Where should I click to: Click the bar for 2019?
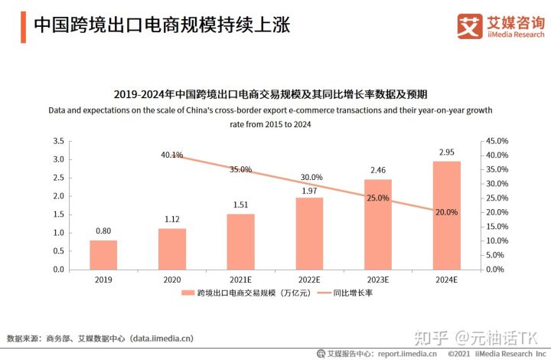tap(103, 254)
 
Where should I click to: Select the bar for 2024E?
tap(446, 215)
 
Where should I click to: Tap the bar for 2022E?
tap(309, 233)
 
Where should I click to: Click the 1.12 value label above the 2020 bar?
tap(172, 219)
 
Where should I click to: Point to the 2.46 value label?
tap(377, 170)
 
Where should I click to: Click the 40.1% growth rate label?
tap(171, 155)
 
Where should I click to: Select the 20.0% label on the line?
tap(446, 212)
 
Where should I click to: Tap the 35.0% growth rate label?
tap(240, 169)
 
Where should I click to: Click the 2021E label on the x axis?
tap(240, 280)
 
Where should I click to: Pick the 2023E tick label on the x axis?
tap(377, 280)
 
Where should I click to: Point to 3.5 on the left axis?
tap(58, 142)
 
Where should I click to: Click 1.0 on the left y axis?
tap(58, 233)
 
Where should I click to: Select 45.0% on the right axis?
tap(497, 142)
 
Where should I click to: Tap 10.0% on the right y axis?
tap(497, 241)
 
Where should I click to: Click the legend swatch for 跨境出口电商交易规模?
tap(188, 293)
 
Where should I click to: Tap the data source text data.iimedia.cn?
tap(161, 338)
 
